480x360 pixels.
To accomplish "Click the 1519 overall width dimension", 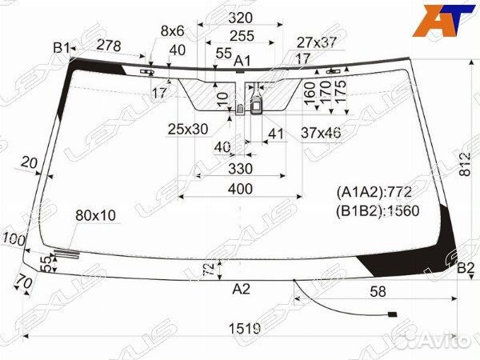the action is pyautogui.click(x=245, y=329).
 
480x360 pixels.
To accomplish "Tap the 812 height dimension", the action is pyautogui.click(x=466, y=164).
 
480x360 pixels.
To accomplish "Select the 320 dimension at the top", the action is pyautogui.click(x=241, y=18).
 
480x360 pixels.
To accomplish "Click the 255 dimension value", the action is pyautogui.click(x=242, y=36).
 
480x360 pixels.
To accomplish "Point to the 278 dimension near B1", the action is pyautogui.click(x=109, y=46).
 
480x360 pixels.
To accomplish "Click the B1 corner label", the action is pyautogui.click(x=62, y=48).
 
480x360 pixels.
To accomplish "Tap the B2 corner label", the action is pyautogui.click(x=466, y=269).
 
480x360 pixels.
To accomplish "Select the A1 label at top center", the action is pyautogui.click(x=242, y=61).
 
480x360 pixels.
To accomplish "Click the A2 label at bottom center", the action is pyautogui.click(x=242, y=289).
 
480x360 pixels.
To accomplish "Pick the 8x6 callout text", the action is pyautogui.click(x=172, y=31).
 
